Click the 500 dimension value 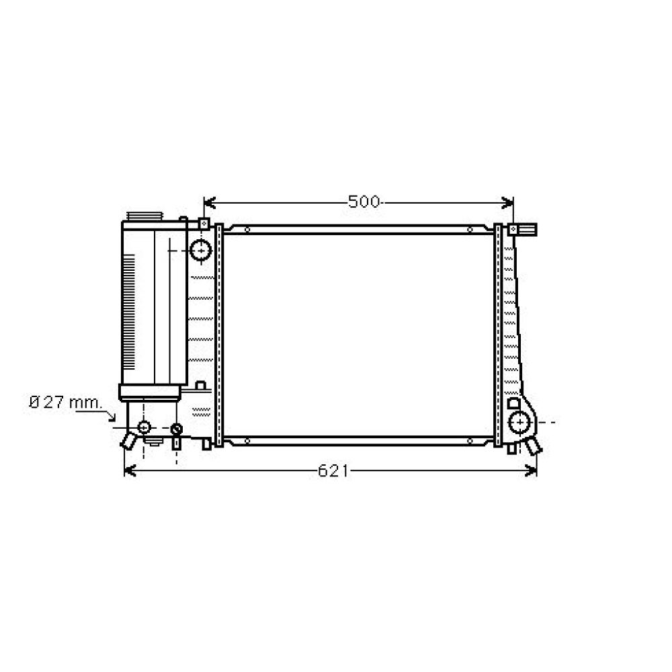pyautogui.click(x=364, y=202)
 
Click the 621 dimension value pyautogui.click(x=333, y=471)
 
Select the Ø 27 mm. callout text pyautogui.click(x=65, y=403)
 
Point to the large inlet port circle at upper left pyautogui.click(x=200, y=250)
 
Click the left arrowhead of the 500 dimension pyautogui.click(x=208, y=202)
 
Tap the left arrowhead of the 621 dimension pyautogui.click(x=130, y=471)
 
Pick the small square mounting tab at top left pyautogui.click(x=203, y=223)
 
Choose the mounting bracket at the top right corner pyautogui.click(x=523, y=229)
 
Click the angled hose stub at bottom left pyautogui.click(x=128, y=440)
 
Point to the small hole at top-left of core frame pyautogui.click(x=247, y=230)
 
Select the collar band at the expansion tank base pyautogui.click(x=151, y=391)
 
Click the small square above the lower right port pyautogui.click(x=514, y=404)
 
